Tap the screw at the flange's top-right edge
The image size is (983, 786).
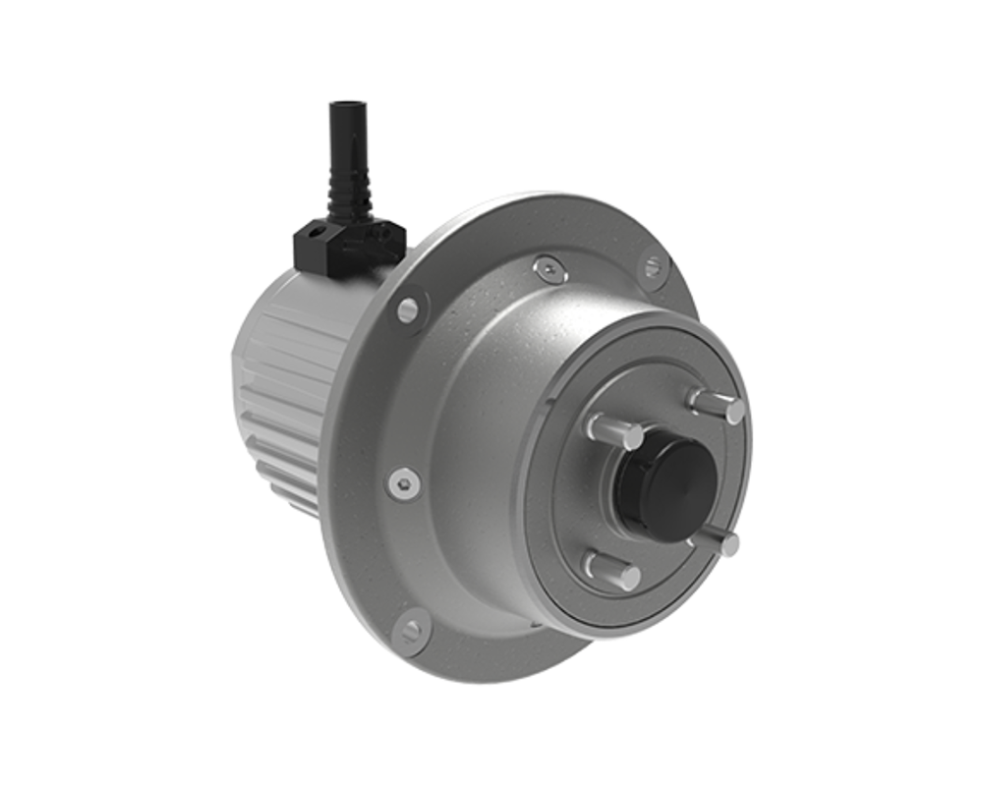653,265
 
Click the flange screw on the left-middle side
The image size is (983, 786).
403,483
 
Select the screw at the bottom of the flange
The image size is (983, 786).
411,630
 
